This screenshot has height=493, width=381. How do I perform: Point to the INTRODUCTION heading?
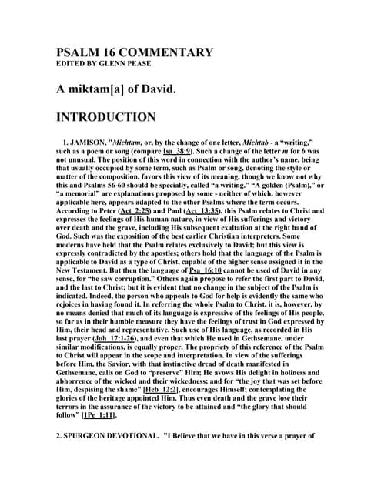pyautogui.click(x=105, y=118)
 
